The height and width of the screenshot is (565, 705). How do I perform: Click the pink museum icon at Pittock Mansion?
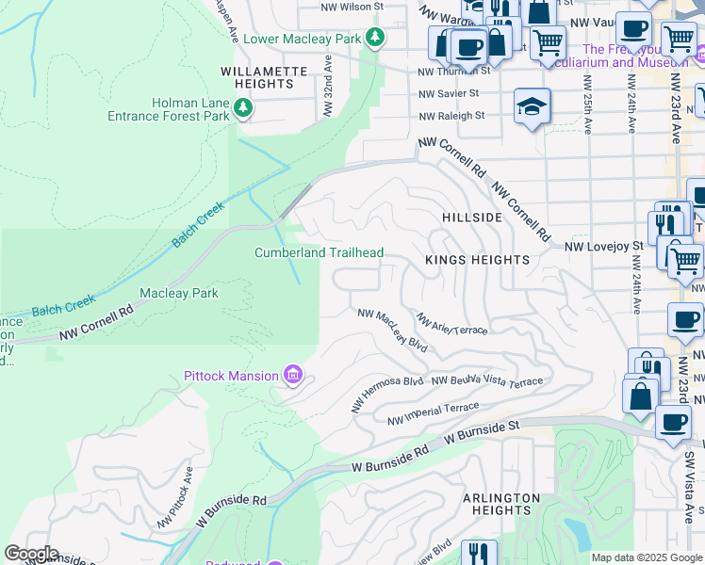293,377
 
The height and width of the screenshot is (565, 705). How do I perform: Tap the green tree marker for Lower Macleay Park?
376,38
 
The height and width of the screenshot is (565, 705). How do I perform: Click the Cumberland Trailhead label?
319,252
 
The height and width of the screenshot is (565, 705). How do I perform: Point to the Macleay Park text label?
179,293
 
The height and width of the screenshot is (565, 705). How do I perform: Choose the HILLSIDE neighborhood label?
472,218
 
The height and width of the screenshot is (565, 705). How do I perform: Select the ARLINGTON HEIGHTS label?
501,505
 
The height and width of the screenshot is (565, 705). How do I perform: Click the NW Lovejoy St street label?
603,247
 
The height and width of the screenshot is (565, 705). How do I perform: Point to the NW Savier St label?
450,93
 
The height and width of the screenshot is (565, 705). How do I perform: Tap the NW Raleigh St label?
451,116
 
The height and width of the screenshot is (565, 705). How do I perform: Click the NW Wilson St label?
353,6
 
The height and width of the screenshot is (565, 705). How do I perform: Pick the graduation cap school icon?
533,107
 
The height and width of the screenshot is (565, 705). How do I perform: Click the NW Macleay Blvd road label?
391,329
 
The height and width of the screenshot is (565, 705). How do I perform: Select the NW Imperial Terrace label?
433,412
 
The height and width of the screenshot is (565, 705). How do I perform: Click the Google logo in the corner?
31,554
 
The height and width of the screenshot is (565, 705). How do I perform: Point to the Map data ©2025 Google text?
647,557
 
